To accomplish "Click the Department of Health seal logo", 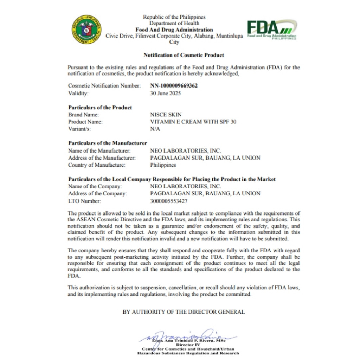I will click(x=87, y=30).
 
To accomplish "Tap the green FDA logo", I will click(x=271, y=29).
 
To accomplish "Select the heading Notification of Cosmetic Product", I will click(x=184, y=55).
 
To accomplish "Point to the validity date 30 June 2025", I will click(x=165, y=93).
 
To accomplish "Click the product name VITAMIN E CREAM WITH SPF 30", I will click(x=193, y=122).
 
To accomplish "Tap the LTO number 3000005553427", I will click(x=169, y=201).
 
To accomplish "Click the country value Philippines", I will click(x=163, y=165).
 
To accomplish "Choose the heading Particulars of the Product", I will click(x=100, y=108).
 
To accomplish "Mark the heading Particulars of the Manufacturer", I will click(x=108, y=143).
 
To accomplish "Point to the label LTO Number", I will click(x=84, y=201).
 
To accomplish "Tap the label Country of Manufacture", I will click(x=97, y=165).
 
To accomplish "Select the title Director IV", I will click(x=188, y=345).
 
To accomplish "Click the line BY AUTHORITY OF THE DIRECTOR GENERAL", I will click(x=184, y=312).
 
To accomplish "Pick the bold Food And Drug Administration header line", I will click(x=174, y=30).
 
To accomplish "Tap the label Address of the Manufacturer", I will click(x=102, y=158).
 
